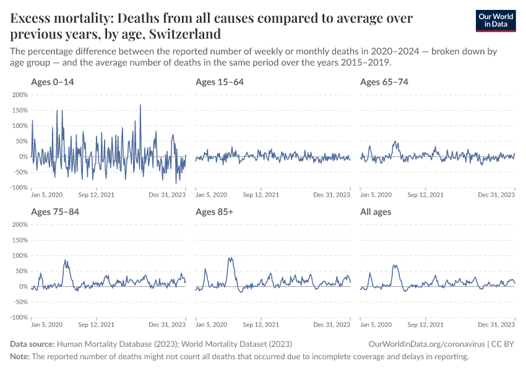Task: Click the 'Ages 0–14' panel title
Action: coord(53,82)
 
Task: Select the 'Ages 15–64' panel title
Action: coord(218,82)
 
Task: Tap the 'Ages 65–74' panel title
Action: coord(384,82)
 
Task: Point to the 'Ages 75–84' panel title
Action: coord(54,212)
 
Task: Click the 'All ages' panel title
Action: coord(376,212)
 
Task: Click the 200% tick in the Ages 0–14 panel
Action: coord(20,95)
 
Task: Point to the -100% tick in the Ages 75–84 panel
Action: coord(19,317)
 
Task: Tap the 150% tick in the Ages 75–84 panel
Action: coord(20,240)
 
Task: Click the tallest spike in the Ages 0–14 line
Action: coord(140,105)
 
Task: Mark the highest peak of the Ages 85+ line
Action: coord(230,258)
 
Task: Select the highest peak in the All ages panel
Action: coord(394,265)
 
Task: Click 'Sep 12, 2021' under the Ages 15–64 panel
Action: coord(261,195)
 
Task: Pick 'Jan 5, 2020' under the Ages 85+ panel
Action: coord(211,325)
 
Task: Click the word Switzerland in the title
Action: coord(185,33)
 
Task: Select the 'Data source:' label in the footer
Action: coord(32,344)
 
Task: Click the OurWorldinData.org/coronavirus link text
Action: coord(425,344)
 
